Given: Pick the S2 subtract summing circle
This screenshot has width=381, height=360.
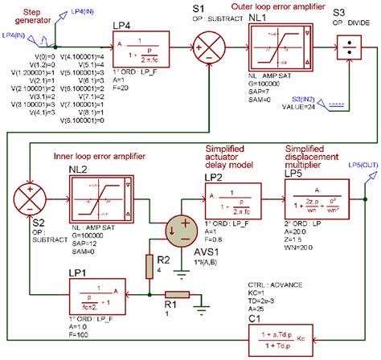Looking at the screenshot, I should click(x=29, y=195).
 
